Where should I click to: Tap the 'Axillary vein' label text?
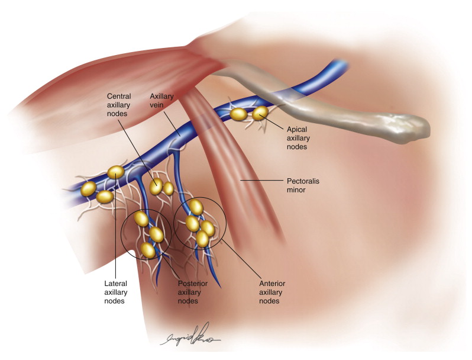[161, 104]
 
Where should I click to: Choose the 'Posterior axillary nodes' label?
[192, 291]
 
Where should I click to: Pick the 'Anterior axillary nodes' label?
[273, 291]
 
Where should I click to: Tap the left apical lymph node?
[238, 114]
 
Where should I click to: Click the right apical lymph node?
[260, 112]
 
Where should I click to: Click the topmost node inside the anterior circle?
[196, 208]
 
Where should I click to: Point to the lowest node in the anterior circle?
[202, 240]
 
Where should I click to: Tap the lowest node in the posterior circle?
[148, 250]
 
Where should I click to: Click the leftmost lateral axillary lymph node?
[88, 189]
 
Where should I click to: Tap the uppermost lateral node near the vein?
[116, 172]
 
